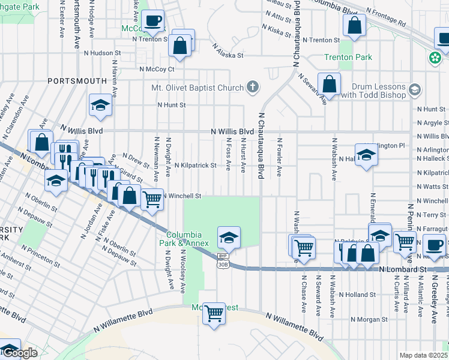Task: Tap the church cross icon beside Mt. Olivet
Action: coord(253,88)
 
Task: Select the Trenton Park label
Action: coord(348,58)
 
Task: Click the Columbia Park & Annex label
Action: coord(188,239)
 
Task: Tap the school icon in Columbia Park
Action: coord(229,238)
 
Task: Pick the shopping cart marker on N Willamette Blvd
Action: coord(214,313)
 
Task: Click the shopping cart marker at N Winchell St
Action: coord(152,200)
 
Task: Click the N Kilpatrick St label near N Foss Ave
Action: coord(195,165)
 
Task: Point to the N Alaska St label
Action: coord(228,55)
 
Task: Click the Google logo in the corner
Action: coord(19,353)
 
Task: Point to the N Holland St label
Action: coord(357,295)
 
